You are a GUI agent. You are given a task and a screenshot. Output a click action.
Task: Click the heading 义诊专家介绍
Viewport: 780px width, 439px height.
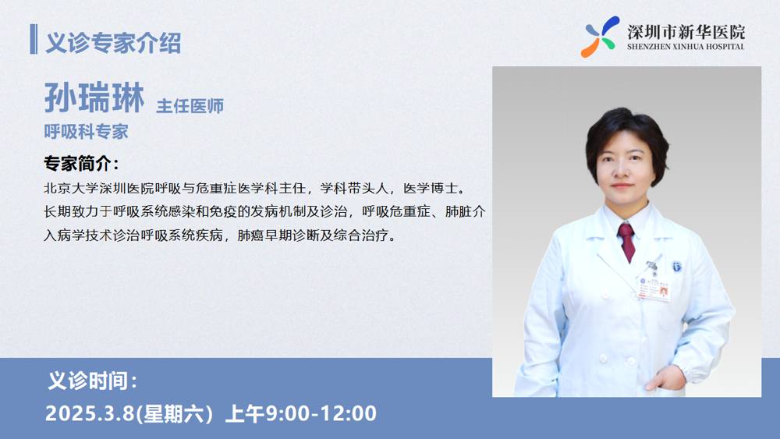click(113, 42)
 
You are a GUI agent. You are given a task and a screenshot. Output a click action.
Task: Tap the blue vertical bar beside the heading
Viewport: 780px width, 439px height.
click(34, 39)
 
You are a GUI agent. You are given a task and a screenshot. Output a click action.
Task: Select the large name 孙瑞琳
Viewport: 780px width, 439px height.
click(94, 98)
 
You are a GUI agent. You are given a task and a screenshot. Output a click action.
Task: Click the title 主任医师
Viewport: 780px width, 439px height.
click(190, 106)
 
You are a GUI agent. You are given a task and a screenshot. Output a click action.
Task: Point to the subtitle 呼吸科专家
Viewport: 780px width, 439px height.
click(86, 131)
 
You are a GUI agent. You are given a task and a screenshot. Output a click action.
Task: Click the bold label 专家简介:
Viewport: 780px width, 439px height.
click(81, 164)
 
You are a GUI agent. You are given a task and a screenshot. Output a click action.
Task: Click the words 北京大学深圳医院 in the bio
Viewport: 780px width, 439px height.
click(99, 189)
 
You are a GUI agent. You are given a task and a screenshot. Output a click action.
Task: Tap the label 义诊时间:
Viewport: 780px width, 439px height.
click(92, 381)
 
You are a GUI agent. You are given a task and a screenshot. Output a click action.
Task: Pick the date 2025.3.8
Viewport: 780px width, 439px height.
click(90, 413)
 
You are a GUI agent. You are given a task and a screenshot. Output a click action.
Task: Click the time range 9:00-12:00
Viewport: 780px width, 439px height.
click(321, 413)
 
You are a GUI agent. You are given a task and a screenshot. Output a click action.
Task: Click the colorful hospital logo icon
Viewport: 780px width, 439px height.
click(600, 37)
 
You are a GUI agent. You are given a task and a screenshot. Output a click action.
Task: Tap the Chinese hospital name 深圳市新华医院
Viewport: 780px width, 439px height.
click(686, 32)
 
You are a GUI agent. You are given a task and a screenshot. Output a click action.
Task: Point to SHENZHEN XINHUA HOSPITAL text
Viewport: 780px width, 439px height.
click(686, 47)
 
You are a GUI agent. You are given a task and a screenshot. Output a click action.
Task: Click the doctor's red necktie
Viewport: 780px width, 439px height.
click(627, 241)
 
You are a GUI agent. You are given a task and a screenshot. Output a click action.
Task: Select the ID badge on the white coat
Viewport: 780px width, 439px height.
click(654, 288)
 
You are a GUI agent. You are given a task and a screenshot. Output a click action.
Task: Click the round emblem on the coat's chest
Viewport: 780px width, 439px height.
click(676, 267)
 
